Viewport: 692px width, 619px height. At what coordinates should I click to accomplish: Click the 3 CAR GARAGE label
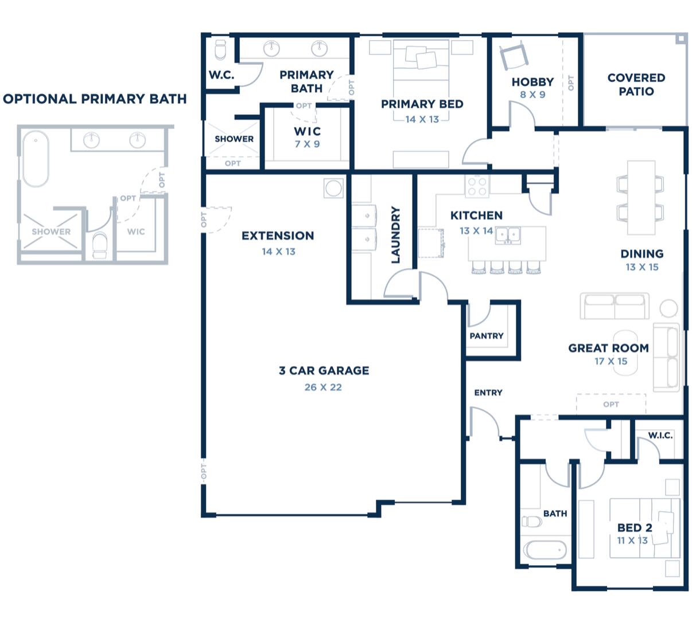coord(324,371)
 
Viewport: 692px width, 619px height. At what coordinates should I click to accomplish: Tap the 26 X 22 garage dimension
coord(323,387)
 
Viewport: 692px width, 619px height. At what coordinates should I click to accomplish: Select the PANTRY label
coord(486,336)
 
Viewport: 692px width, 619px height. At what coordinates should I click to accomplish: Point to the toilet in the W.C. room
coord(220,50)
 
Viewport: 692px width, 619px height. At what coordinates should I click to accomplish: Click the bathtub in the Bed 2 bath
coord(545,550)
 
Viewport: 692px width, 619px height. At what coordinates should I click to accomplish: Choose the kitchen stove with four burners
coord(477,186)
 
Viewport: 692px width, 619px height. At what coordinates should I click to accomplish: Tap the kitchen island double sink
coord(508,234)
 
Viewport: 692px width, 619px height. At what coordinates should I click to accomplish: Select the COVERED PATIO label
coord(636,84)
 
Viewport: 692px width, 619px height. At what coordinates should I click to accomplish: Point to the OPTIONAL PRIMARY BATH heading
coord(95,99)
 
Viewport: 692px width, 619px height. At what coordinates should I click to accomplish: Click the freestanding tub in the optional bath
coord(36,159)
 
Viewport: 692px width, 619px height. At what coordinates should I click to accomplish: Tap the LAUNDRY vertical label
coord(395,236)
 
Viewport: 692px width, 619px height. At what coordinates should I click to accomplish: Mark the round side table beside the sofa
coord(669,308)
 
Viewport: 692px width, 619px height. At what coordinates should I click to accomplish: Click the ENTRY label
coord(488,393)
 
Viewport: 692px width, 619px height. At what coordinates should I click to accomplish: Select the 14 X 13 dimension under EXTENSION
coord(278,252)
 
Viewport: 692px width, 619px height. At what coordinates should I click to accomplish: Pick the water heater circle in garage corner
coord(333,187)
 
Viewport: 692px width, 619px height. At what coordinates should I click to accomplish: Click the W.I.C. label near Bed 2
coord(660,436)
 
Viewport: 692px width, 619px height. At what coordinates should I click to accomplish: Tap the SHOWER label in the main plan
coord(234,139)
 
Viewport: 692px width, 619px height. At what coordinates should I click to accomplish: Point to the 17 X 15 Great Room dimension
coord(611,362)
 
